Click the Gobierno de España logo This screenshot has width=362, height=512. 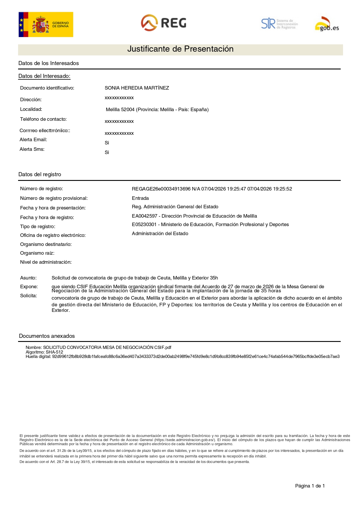(46, 25)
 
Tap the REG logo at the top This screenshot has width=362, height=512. (164, 23)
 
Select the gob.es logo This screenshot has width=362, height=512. (327, 24)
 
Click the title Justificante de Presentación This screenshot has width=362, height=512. (180, 49)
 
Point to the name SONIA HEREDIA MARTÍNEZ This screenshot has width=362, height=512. (137, 88)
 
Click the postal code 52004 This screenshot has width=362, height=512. (127, 110)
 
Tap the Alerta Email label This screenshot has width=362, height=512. (33, 140)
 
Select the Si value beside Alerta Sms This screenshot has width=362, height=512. (107, 153)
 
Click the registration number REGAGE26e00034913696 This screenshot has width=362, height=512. (161, 189)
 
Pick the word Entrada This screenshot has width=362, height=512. (140, 198)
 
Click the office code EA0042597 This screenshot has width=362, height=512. (144, 216)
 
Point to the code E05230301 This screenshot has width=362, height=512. (144, 225)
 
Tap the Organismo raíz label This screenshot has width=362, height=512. (37, 253)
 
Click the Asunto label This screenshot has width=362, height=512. (28, 278)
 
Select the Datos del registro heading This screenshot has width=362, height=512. (40, 174)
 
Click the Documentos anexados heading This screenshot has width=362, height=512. (47, 336)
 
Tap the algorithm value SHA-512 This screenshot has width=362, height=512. (54, 352)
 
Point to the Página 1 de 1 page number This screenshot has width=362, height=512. (310, 486)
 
